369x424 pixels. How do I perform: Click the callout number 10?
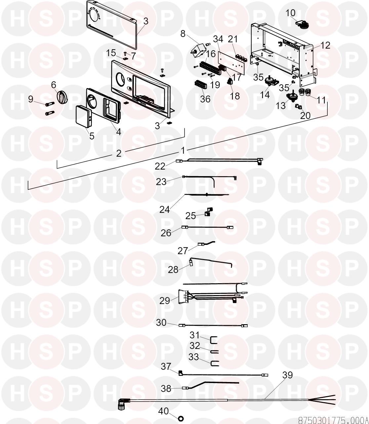[290, 13]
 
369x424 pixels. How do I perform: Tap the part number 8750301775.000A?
[333, 420]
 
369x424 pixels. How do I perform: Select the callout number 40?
[164, 411]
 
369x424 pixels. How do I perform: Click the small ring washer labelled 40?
[181, 418]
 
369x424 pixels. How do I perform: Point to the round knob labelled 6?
[62, 97]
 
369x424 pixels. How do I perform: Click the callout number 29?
[165, 301]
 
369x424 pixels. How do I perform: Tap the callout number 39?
[287, 375]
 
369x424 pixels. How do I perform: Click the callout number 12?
[325, 45]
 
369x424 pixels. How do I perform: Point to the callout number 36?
[205, 99]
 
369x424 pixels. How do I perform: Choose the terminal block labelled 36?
[201, 85]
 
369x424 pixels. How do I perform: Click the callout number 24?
[165, 210]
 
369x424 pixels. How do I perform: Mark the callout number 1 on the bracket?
[183, 151]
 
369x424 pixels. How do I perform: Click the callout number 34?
[218, 39]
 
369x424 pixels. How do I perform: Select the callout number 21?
[233, 39]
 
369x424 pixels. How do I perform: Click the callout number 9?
[31, 99]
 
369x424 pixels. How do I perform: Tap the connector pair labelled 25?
[209, 212]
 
